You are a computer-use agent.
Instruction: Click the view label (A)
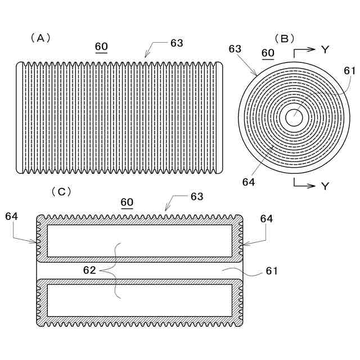point(40,38)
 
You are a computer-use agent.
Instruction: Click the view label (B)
point(284,38)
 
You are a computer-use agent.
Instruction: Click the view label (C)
point(61,192)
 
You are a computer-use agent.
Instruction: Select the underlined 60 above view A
point(102,47)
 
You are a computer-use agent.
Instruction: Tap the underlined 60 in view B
point(268,53)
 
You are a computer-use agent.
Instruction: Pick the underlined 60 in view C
point(127,202)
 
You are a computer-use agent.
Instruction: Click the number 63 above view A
point(176,43)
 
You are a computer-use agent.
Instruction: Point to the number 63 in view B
point(235,49)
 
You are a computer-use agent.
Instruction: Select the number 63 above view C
point(196,197)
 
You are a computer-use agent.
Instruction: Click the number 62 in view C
point(90,270)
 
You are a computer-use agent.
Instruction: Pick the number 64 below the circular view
point(249,182)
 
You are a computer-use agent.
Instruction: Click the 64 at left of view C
point(12,216)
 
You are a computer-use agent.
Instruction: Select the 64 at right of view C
point(267,219)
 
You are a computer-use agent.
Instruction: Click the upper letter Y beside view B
point(325,49)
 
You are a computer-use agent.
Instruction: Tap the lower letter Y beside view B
point(325,186)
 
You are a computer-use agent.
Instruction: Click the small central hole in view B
point(294,118)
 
